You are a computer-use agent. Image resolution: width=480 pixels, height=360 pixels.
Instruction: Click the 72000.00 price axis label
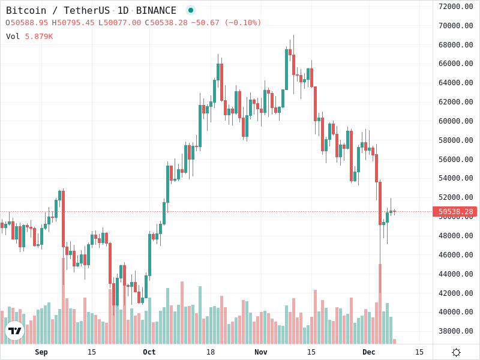pos(456,7)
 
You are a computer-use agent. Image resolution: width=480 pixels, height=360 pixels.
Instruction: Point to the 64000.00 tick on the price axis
pos(456,83)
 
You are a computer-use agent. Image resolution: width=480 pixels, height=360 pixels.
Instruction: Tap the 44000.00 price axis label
pos(456,274)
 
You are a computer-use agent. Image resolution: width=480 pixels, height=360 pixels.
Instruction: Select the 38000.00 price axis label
pos(456,331)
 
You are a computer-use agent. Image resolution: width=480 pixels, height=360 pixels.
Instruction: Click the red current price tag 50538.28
pos(455,212)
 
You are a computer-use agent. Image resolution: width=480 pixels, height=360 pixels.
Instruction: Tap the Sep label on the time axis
pos(41,352)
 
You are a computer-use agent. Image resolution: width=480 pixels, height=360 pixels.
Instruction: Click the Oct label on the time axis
pos(149,352)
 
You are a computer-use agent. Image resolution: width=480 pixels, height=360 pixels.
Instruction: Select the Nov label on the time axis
pos(261,352)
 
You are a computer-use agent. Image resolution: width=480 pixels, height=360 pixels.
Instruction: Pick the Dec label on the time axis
pos(369,352)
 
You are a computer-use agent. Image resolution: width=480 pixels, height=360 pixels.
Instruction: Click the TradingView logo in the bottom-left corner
pos(14,331)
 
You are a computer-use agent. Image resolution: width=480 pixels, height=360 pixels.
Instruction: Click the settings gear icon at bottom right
pos(456,352)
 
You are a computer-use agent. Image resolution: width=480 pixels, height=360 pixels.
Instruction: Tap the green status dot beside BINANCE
pos(191,10)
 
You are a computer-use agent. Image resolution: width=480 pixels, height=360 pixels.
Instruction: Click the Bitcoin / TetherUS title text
pos(58,10)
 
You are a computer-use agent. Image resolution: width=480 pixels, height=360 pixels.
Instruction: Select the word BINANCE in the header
pos(156,10)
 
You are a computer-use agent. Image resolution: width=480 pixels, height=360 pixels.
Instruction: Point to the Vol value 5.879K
pos(38,37)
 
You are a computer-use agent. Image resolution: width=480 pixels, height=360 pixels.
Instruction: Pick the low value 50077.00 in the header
pos(122,23)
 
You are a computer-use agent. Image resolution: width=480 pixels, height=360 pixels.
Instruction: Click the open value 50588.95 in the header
pos(29,23)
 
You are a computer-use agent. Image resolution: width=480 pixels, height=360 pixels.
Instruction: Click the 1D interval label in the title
pos(122,10)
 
